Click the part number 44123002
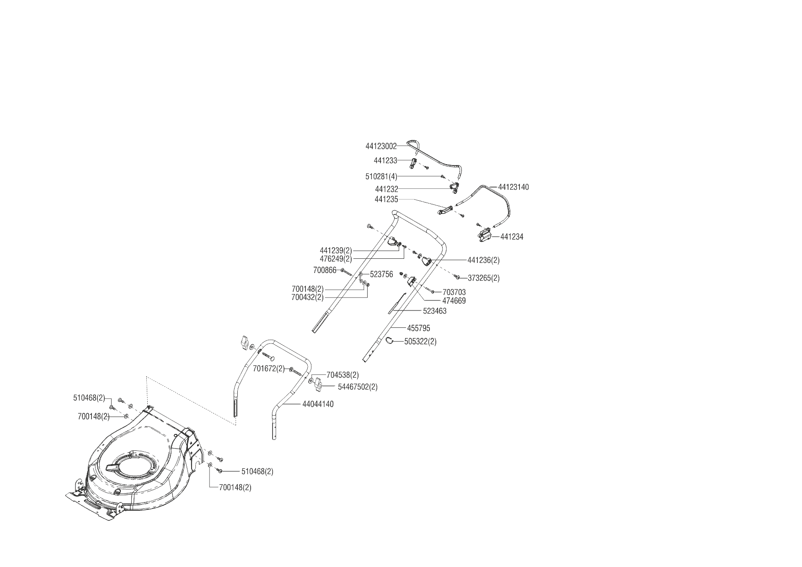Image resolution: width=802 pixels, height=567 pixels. [381, 146]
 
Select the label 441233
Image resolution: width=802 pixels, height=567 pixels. [385, 160]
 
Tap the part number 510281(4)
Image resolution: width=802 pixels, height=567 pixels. [381, 176]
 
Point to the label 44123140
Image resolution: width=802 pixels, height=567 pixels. [513, 187]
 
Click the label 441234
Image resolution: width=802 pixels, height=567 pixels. [512, 237]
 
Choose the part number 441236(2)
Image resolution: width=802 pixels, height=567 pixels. [483, 260]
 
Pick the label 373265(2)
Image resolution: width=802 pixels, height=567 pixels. [483, 278]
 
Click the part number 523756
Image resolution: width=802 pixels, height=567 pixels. [381, 274]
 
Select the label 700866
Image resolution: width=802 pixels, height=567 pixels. [325, 270]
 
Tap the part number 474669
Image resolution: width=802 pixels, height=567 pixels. [454, 301]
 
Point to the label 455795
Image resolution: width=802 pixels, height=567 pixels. [418, 328]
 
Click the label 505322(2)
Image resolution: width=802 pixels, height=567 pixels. [420, 342]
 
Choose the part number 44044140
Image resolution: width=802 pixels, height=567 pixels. [318, 404]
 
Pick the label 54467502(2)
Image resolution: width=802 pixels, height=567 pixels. [358, 387]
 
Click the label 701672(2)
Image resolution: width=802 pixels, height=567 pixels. [268, 369]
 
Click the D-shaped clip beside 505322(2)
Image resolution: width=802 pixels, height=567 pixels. [389, 340]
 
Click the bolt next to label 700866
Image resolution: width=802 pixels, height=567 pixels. [346, 272]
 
